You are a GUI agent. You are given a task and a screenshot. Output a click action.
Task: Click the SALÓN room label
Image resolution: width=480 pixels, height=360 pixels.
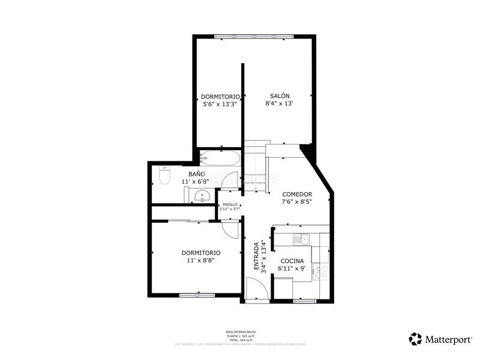280,96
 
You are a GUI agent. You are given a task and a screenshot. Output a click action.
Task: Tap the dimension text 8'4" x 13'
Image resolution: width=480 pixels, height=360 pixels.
280,104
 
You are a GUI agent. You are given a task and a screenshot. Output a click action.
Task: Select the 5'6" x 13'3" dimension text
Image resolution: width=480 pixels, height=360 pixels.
220,104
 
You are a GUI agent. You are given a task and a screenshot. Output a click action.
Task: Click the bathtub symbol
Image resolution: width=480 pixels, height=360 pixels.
220,158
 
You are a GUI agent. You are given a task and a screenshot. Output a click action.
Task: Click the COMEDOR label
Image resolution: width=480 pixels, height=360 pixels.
297,194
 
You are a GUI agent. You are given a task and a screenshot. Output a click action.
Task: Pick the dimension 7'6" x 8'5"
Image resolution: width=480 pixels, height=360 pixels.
297,202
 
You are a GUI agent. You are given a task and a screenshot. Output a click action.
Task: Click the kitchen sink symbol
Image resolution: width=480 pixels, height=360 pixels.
299,239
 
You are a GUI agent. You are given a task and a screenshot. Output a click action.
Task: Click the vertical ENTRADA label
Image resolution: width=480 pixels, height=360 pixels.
256,256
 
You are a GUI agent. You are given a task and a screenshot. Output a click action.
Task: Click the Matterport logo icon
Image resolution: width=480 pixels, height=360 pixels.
415,339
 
